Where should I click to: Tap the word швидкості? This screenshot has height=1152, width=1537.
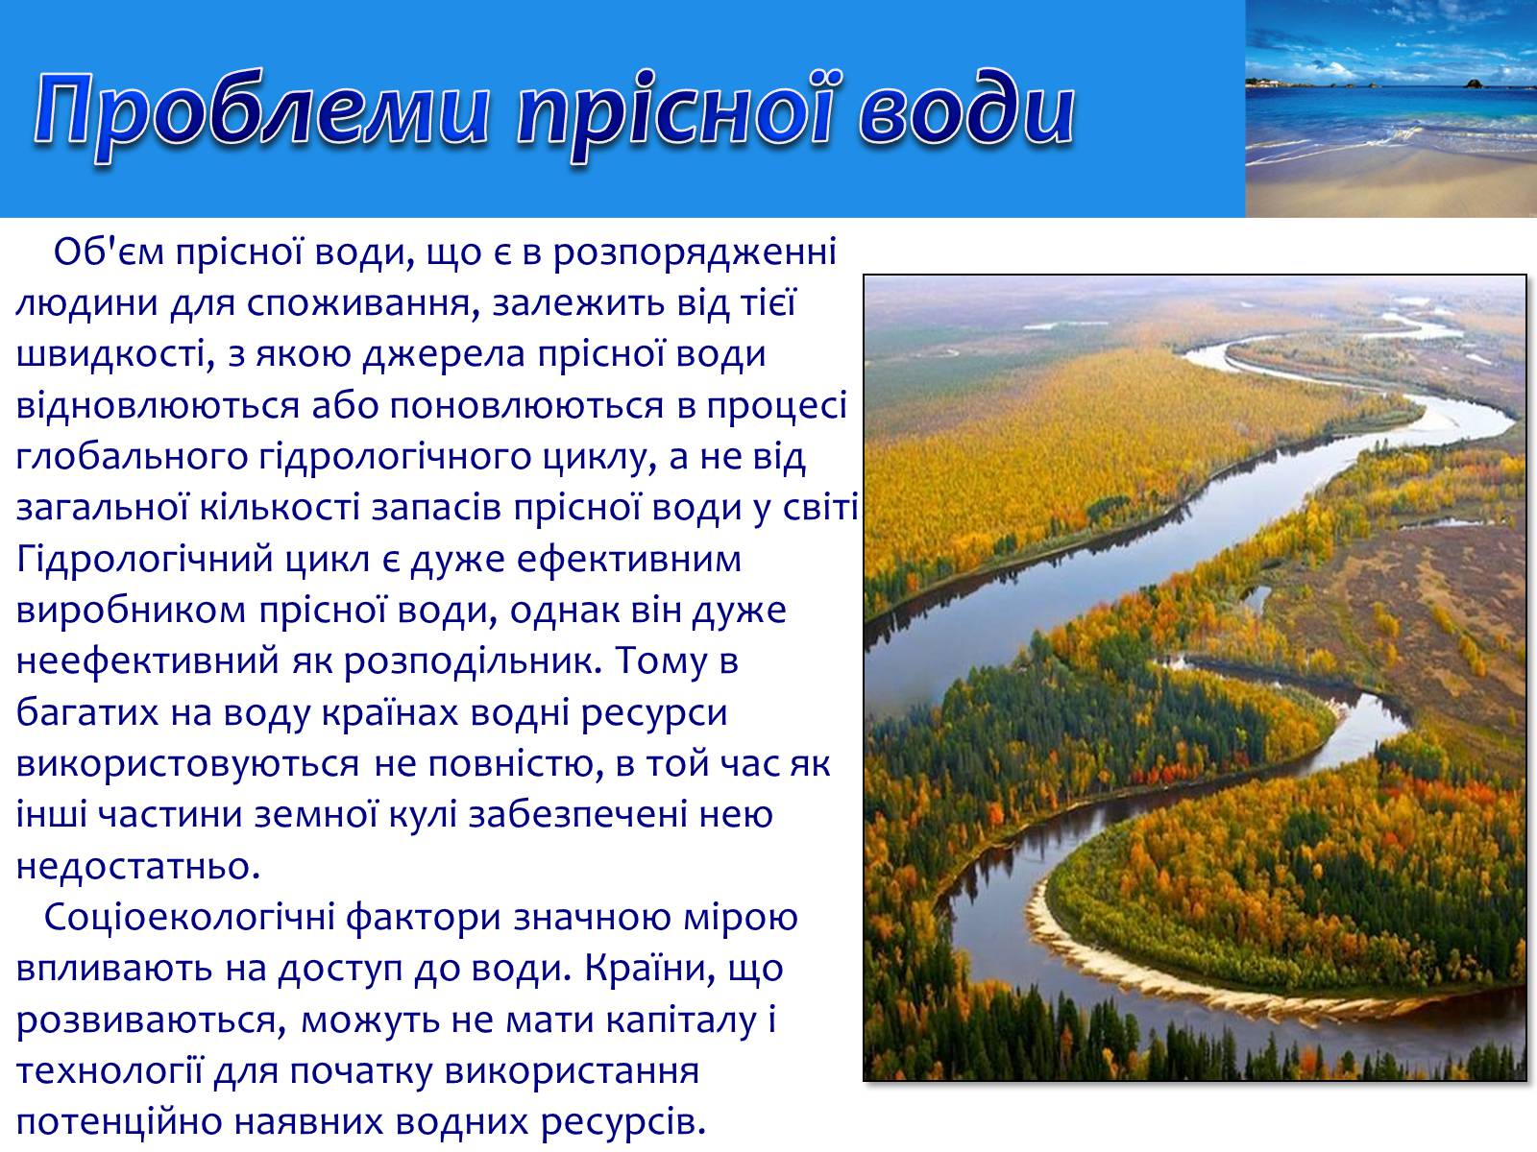(115, 355)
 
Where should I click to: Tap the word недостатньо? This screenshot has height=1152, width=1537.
(138, 867)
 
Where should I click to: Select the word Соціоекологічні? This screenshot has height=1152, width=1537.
(190, 919)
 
